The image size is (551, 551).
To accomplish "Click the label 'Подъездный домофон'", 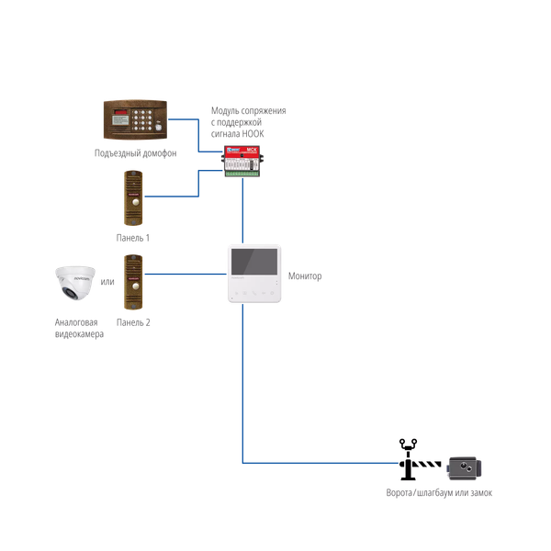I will click(135, 152).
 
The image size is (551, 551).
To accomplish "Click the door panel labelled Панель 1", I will click(134, 197).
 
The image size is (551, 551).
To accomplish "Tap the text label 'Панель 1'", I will click(133, 237).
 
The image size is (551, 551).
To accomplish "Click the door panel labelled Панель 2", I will click(134, 280).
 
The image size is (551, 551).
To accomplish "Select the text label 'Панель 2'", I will click(133, 322).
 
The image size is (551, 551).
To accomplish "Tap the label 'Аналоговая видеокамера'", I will click(76, 328).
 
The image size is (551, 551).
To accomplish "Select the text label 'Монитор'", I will click(305, 275).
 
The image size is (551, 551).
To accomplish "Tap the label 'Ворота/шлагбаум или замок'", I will click(439, 493).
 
